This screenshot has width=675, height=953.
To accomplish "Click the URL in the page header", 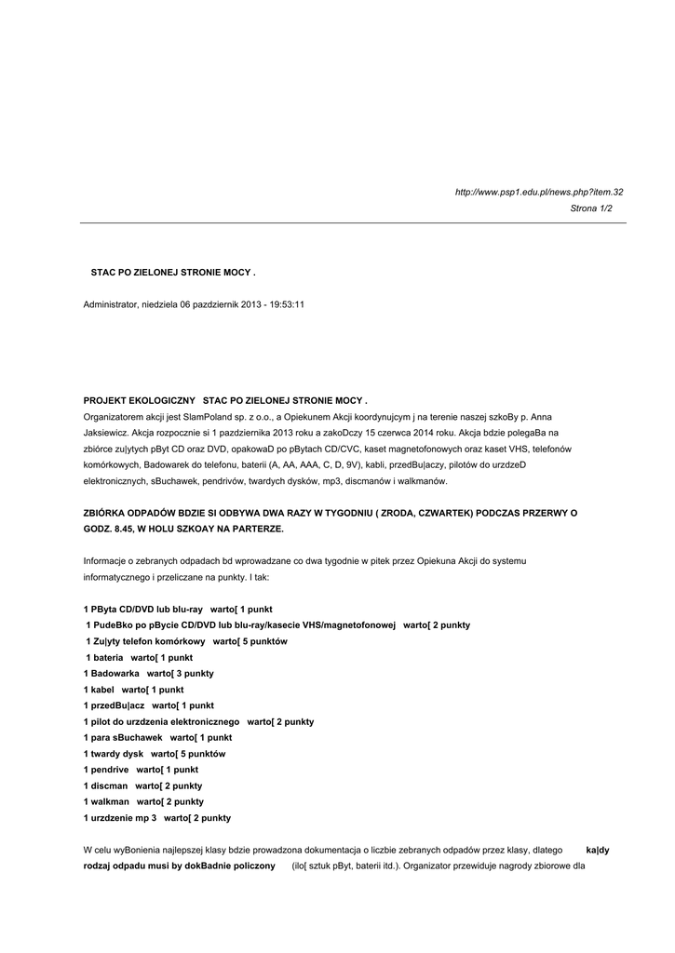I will coord(538,193).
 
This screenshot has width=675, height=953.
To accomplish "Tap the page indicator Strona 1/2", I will coord(591,208).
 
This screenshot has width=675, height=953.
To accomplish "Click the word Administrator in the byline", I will coord(111,304).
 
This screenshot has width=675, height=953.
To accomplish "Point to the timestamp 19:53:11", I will coord(288,304).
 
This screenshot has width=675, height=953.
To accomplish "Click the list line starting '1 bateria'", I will coord(138,657).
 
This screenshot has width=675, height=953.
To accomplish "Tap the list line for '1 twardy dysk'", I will coord(155,754).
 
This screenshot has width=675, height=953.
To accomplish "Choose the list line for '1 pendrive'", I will coord(141,770).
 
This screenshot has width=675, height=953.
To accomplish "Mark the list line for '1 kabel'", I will coord(133,690).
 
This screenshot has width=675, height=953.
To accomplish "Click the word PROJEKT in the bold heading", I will coord(105,400).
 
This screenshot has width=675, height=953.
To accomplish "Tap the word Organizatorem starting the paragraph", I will coord(115,417).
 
